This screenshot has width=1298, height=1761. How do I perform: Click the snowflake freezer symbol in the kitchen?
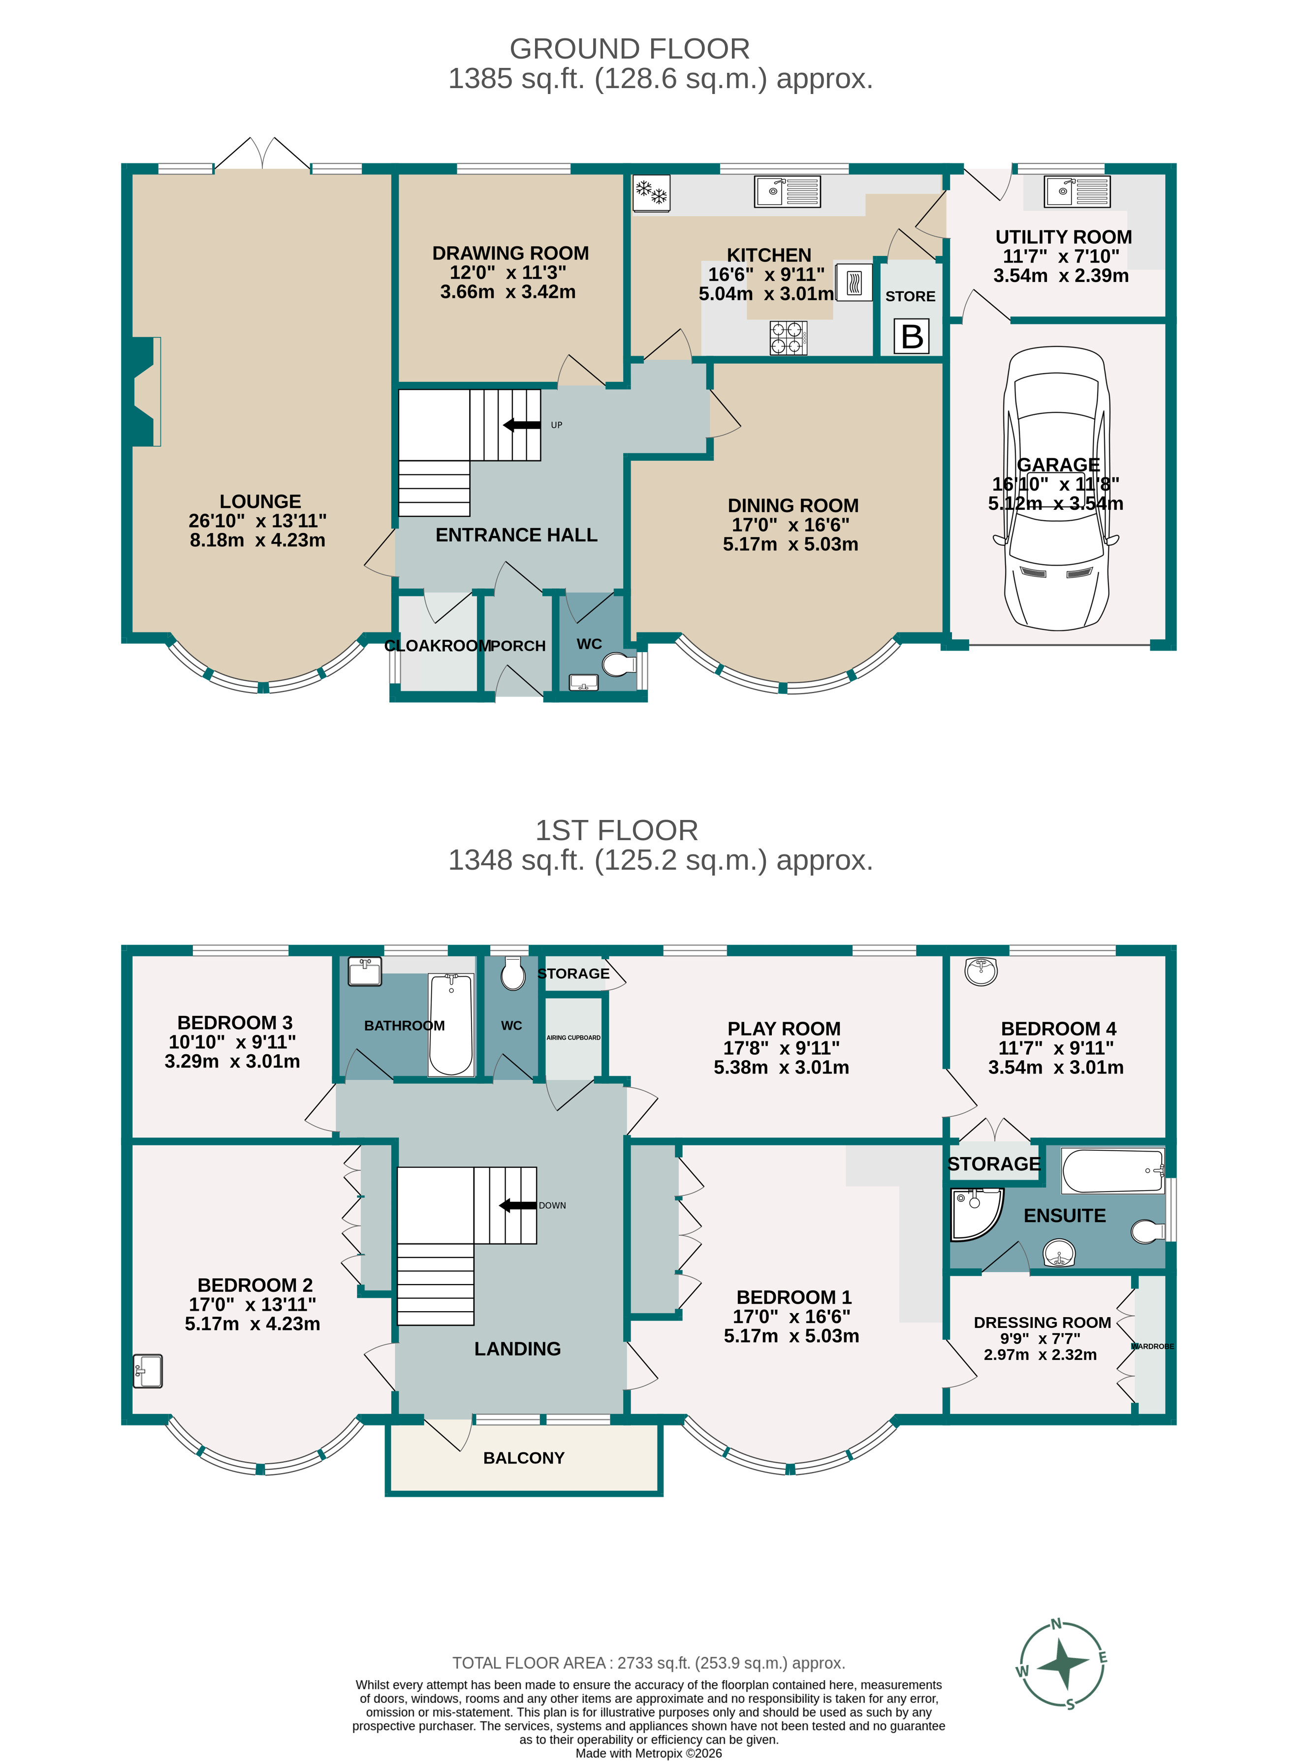coord(651,192)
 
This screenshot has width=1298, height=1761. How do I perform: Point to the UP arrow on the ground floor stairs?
coord(522,425)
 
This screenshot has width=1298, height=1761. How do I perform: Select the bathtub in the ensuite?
coord(1112,1170)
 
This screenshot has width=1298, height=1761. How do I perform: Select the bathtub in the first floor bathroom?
coord(451,1024)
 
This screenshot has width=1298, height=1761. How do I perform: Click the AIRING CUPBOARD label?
coord(573,1038)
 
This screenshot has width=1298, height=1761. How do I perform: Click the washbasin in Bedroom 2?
coord(148,1371)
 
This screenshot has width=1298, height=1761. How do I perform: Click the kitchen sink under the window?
coord(787,191)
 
